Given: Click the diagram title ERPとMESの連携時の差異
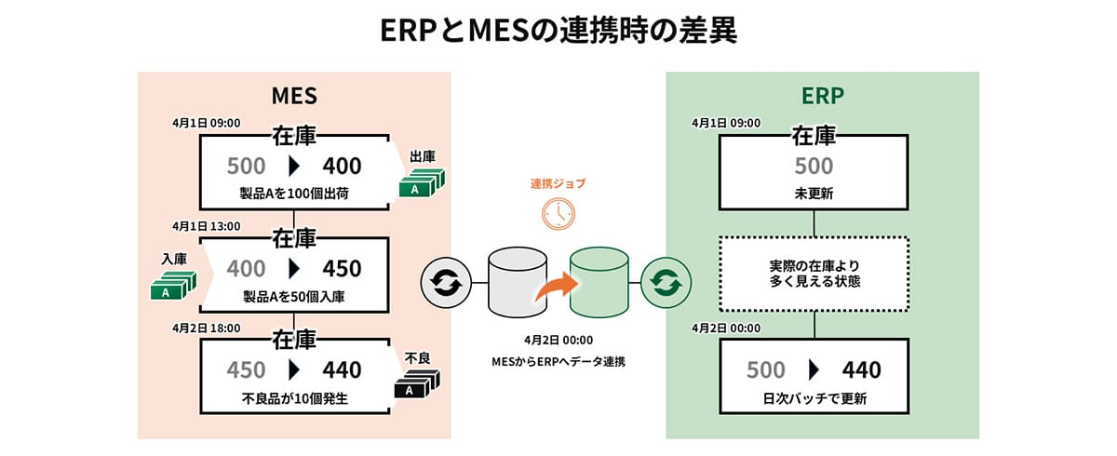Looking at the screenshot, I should pyautogui.click(x=558, y=32).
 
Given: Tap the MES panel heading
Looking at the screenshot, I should pyautogui.click(x=294, y=97).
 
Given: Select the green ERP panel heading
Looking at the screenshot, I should pyautogui.click(x=823, y=97).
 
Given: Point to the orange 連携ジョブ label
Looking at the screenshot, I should pyautogui.click(x=558, y=184).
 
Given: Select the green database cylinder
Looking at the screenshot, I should pyautogui.click(x=600, y=280).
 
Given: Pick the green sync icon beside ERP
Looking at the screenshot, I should pyautogui.click(x=665, y=280).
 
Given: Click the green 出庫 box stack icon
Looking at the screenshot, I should pyautogui.click(x=423, y=181).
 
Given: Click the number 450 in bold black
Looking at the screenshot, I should pyautogui.click(x=342, y=269).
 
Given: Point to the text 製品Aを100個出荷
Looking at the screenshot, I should pyautogui.click(x=294, y=194).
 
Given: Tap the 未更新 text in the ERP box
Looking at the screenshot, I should pyautogui.click(x=814, y=194).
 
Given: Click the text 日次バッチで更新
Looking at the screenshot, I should pyautogui.click(x=814, y=401).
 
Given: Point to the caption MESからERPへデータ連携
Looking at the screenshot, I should pyautogui.click(x=558, y=360).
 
